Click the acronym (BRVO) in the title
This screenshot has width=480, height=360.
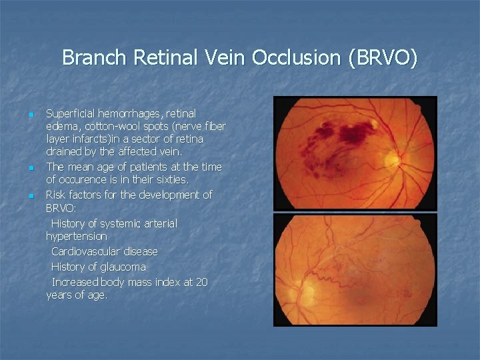[x=383, y=58]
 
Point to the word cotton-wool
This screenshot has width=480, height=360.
[x=109, y=127]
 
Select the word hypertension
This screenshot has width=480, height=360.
[x=76, y=236]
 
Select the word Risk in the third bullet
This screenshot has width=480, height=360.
[x=57, y=195]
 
